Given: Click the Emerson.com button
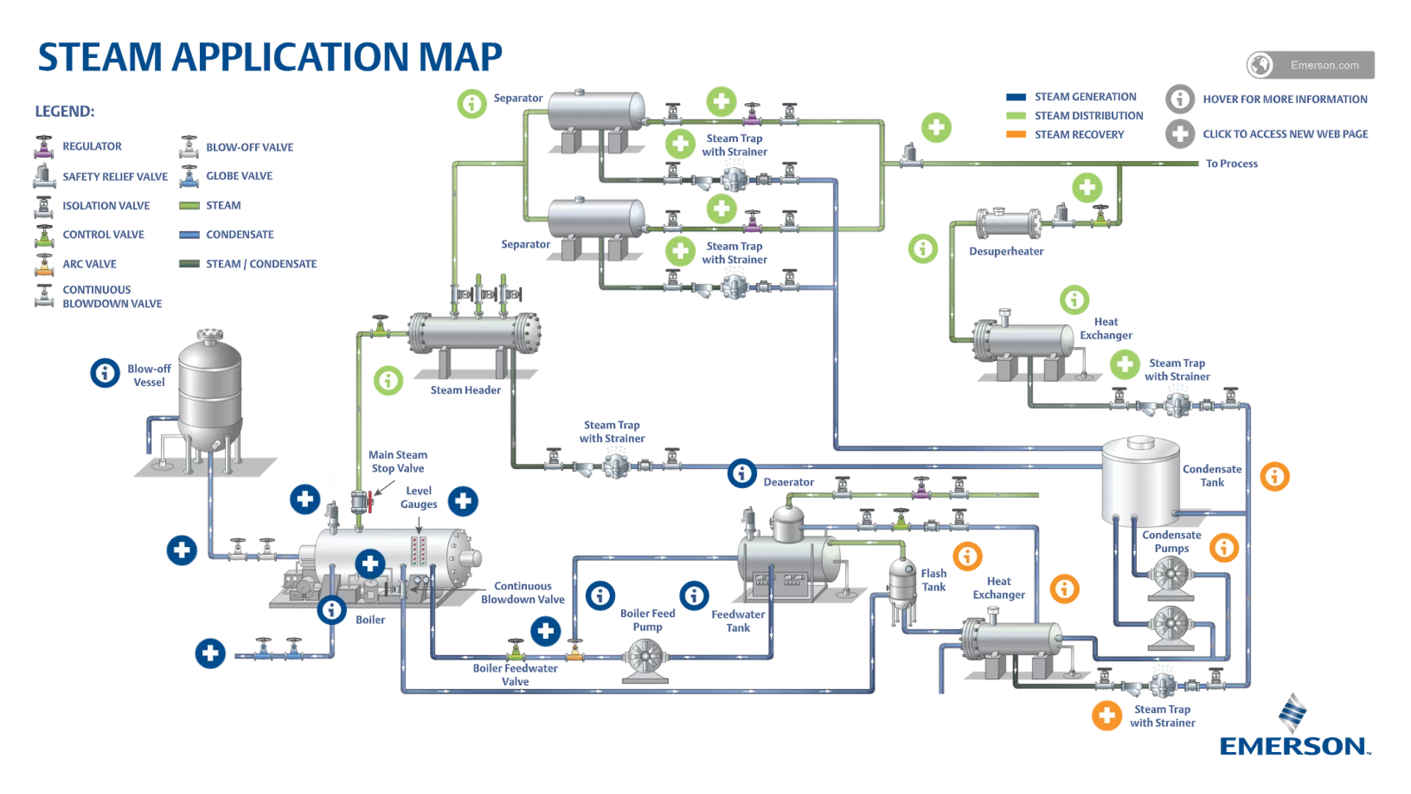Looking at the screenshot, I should point(1311,65).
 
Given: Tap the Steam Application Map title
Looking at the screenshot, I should point(270,57).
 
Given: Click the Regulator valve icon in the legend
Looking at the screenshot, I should point(44,147).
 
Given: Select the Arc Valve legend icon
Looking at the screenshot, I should point(44,264).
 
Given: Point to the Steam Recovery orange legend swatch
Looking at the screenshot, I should point(1016,135).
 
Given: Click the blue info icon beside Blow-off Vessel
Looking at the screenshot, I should point(105,373).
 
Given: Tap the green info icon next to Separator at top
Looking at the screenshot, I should point(472,104).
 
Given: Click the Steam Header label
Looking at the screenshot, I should point(465,390).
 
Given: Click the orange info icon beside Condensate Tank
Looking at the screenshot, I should point(1274,476).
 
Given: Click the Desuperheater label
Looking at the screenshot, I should point(1006,251).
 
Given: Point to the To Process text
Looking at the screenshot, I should point(1232,164).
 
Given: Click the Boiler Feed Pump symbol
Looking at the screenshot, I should point(645,659).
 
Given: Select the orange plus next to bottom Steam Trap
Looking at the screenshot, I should point(1106,715).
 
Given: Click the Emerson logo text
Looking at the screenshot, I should point(1294,746).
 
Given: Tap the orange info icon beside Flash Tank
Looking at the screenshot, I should point(967,556).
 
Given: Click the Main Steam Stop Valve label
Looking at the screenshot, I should point(398,462).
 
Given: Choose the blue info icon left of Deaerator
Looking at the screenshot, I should point(742,473).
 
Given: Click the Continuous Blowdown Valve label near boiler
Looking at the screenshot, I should point(523,593).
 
